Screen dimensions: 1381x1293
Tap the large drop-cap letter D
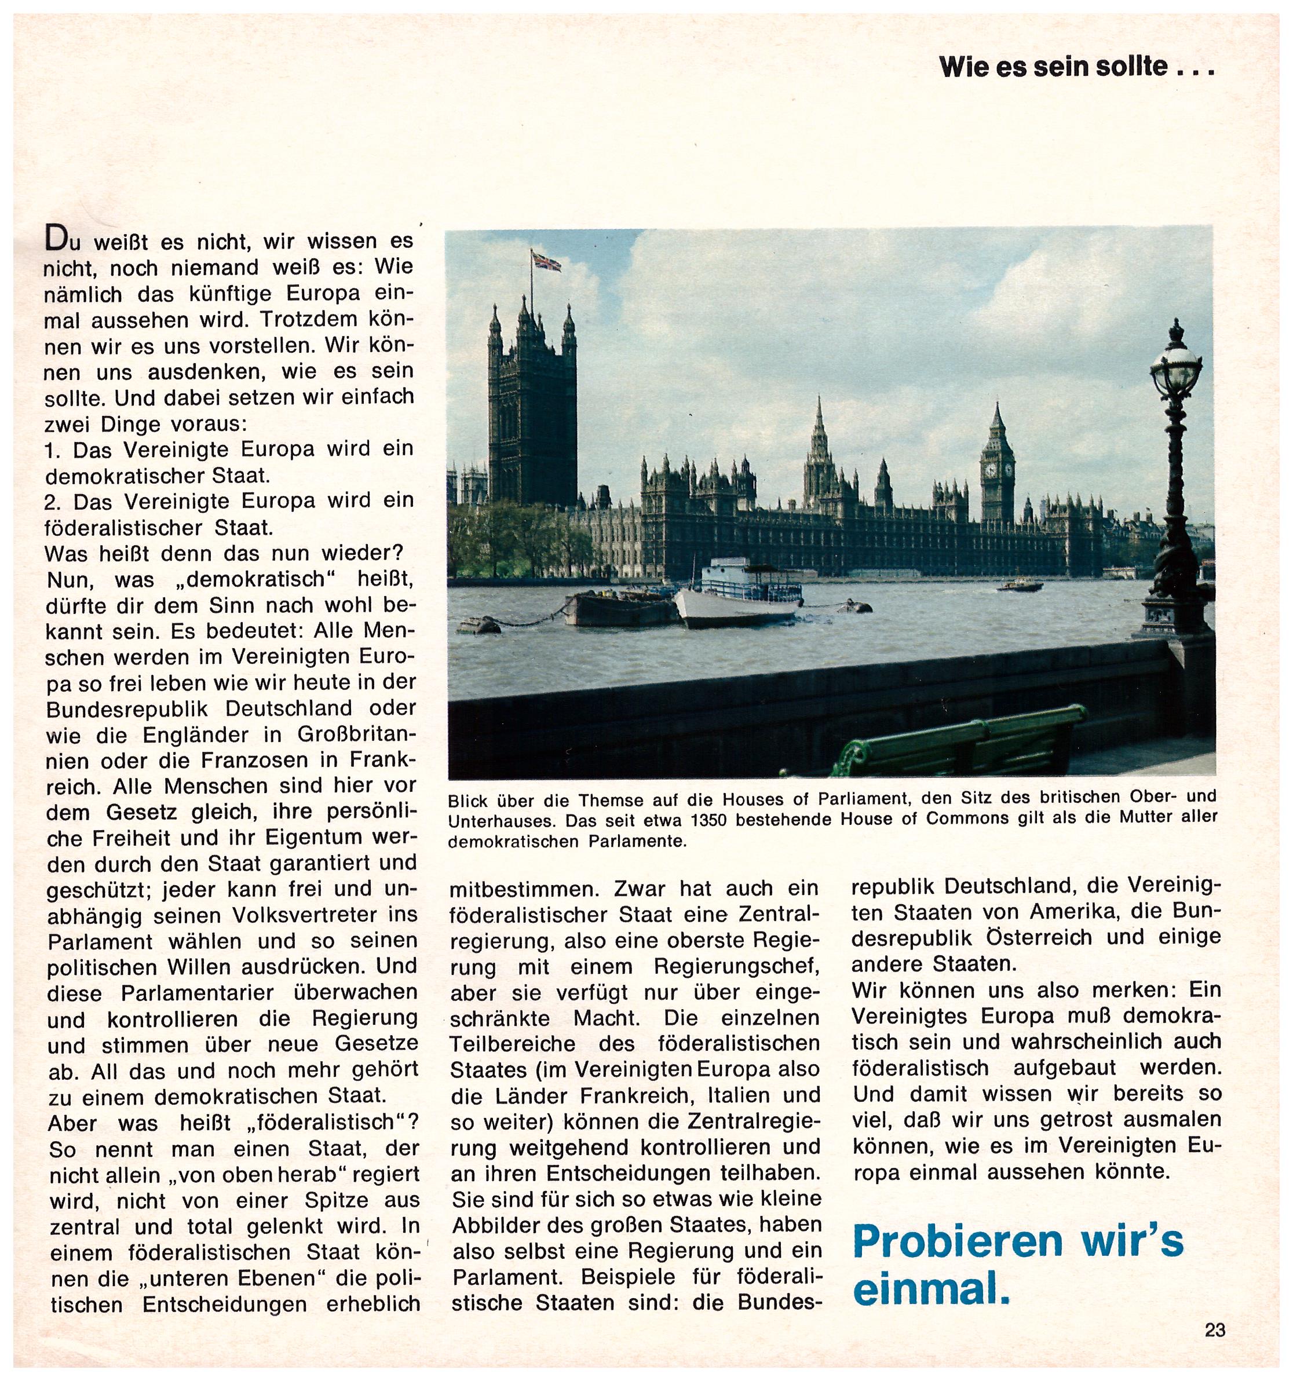(56, 240)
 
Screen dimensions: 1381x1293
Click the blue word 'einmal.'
(931, 1291)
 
